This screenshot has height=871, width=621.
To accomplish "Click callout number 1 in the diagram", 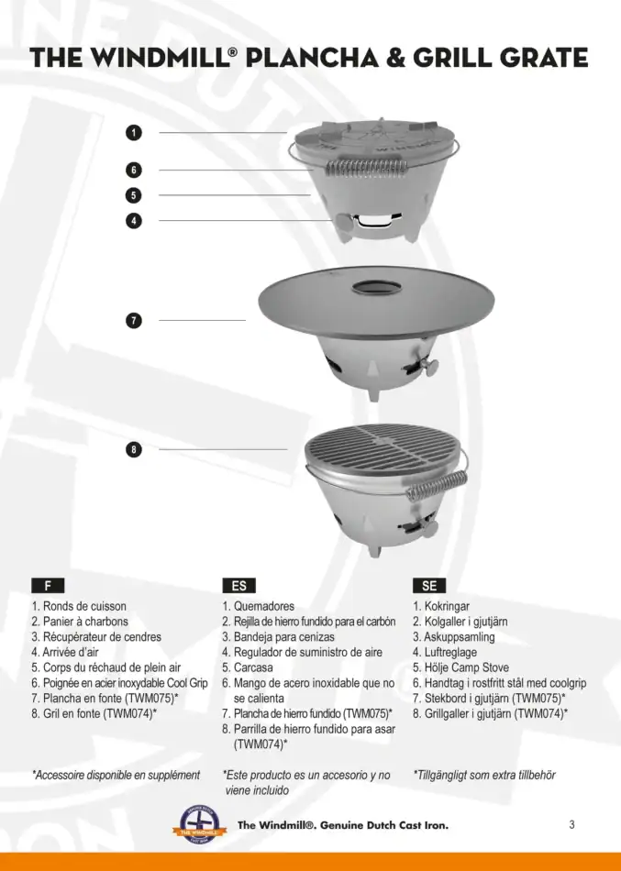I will click(134, 133).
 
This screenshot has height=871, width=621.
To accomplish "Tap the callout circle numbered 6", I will click(134, 170).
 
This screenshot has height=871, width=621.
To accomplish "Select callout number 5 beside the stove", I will click(134, 194).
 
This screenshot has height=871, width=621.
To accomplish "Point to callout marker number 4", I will click(134, 220).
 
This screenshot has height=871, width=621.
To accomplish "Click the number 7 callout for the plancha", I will click(134, 320).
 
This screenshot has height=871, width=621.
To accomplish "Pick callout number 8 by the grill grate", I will click(134, 449).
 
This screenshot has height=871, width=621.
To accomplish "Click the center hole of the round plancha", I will click(375, 286).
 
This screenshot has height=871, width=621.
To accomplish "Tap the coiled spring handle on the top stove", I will click(363, 170).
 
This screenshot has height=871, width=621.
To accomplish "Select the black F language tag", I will click(48, 585).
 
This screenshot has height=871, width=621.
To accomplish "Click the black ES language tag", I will click(238, 585).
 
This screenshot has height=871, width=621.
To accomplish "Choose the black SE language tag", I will click(429, 585).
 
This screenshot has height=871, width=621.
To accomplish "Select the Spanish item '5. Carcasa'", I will click(248, 667).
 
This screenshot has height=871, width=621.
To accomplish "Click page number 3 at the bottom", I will click(571, 824).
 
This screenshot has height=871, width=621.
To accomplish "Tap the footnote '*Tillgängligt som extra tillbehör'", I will click(483, 775).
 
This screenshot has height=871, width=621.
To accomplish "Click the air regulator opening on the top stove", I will click(373, 221).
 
